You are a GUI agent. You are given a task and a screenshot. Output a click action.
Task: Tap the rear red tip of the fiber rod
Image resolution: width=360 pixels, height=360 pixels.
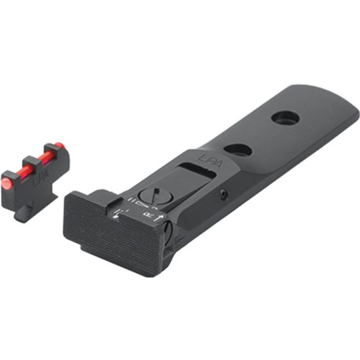click(59, 145)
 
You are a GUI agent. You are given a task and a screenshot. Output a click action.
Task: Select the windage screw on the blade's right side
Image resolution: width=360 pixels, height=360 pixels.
click(169, 231)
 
